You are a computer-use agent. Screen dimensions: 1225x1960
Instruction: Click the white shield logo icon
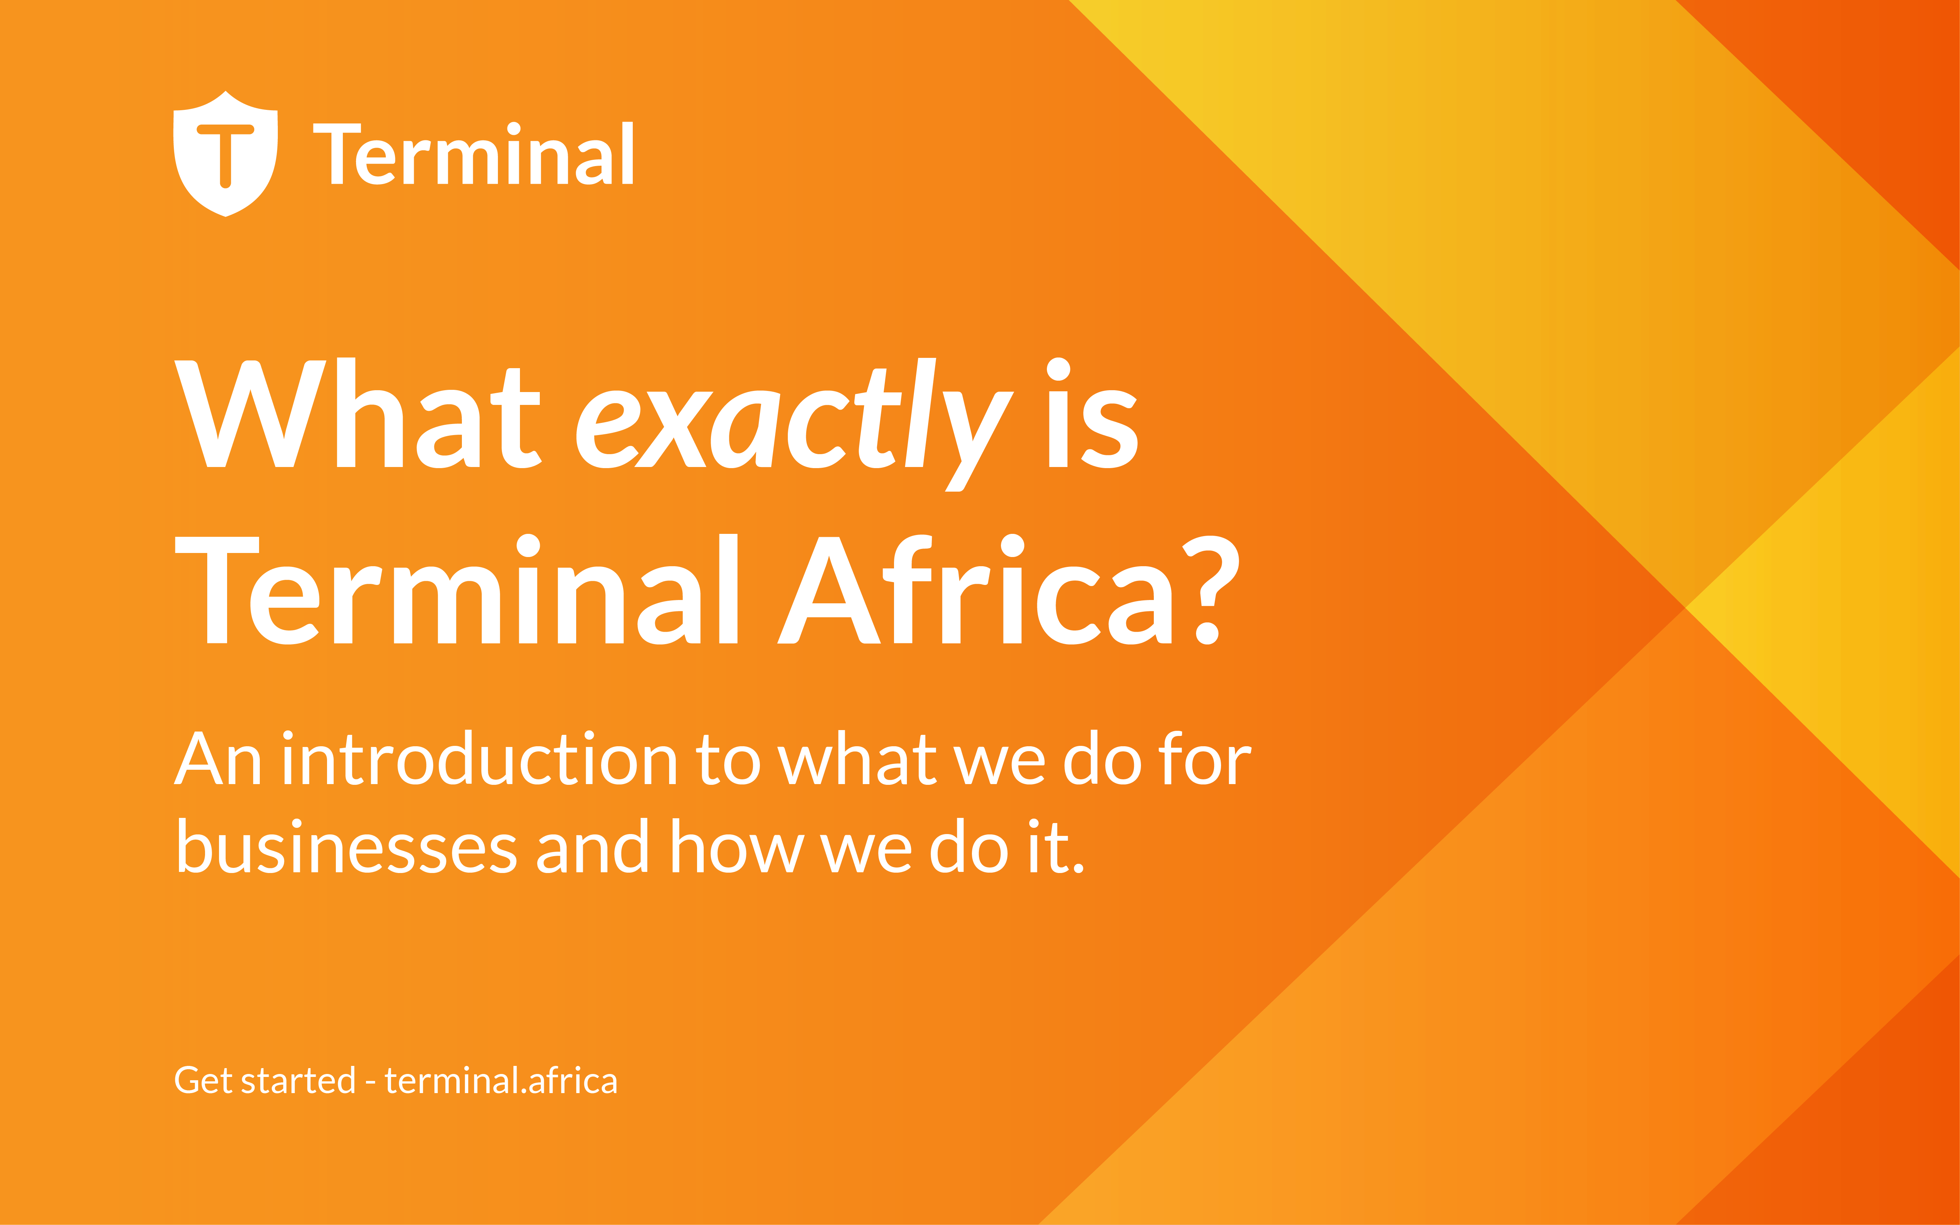tap(225, 154)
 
